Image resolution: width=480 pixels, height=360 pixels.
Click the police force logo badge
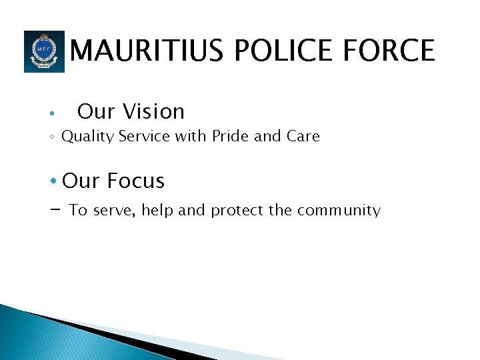coord(44,51)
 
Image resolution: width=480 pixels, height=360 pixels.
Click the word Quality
coord(87,137)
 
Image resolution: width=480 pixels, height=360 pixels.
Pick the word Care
coord(303,137)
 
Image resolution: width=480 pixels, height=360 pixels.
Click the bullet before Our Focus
coord(53,181)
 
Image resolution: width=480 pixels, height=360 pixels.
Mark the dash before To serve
coord(55,209)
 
